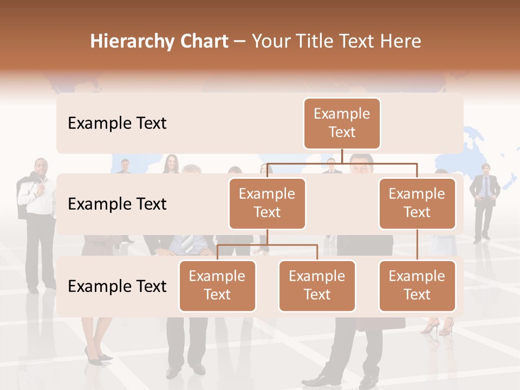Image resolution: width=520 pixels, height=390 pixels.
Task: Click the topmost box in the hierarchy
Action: (342, 123)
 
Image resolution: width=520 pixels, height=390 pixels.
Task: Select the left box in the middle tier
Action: (267, 203)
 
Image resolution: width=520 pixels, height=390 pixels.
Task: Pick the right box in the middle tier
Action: (417, 203)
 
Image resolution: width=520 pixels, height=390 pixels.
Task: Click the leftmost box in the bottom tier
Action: (217, 285)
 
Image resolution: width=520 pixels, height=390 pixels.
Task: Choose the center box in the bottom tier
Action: (317, 285)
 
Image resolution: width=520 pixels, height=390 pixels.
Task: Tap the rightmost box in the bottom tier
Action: (417, 285)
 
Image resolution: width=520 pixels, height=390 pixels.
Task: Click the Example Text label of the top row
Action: (117, 123)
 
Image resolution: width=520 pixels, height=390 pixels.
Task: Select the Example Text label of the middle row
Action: (117, 204)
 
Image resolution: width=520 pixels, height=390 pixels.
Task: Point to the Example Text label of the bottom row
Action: (117, 286)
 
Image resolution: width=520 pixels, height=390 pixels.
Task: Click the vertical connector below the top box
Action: (342, 156)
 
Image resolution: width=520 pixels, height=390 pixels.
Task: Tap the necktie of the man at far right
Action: (485, 187)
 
